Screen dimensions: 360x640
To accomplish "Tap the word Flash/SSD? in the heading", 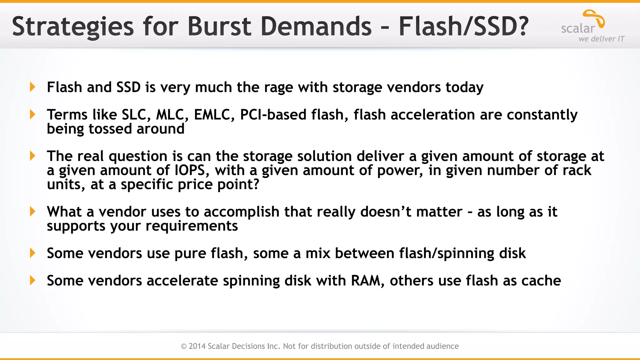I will (x=463, y=26).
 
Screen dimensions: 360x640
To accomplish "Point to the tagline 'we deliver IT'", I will (x=602, y=39).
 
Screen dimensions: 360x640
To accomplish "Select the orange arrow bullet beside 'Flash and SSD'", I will (x=32, y=87).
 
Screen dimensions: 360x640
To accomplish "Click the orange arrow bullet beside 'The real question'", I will (x=32, y=156).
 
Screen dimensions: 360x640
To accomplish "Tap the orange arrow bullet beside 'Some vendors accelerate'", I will (x=32, y=280).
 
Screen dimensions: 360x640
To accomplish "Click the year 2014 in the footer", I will (x=197, y=346).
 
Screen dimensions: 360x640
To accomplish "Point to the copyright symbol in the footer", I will (x=184, y=346).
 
